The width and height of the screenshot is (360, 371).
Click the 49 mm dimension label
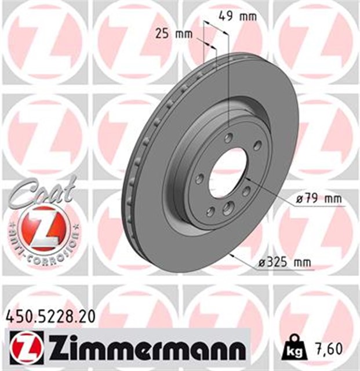click(x=237, y=16)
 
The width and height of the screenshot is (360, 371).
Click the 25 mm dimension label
click(x=174, y=34)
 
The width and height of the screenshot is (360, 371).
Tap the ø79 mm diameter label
click(x=318, y=199)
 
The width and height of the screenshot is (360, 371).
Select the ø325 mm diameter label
click(x=284, y=263)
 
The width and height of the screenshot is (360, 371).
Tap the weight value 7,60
click(x=328, y=348)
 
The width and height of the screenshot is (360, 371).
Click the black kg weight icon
click(x=294, y=350)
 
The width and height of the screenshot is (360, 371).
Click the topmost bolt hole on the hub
click(x=229, y=137)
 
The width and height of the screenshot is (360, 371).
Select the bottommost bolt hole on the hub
click(x=228, y=209)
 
